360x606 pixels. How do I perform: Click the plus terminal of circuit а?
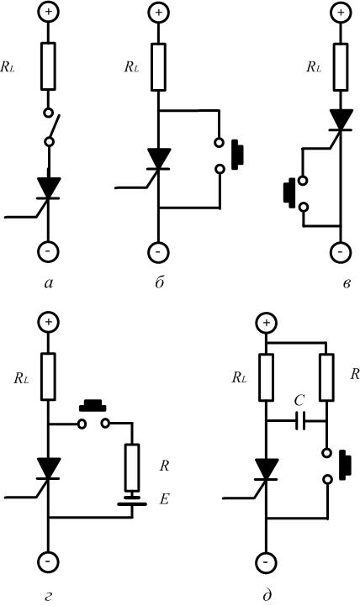(x=48, y=12)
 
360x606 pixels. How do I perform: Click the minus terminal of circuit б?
(x=158, y=252)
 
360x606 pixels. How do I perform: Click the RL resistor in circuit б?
(x=158, y=67)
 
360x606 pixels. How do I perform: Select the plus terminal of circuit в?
(x=341, y=12)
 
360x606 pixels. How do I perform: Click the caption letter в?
(x=347, y=284)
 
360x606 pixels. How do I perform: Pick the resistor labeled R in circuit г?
(x=132, y=467)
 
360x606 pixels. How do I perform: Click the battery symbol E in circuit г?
(x=132, y=500)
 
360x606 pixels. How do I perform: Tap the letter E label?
(x=164, y=500)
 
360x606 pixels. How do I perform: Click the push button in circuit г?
(x=93, y=415)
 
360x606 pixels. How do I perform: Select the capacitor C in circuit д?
(x=300, y=421)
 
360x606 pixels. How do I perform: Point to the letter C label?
(x=299, y=401)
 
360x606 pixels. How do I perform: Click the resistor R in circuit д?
(x=326, y=377)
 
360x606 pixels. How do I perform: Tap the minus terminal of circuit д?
(x=267, y=561)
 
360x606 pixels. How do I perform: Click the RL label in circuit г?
(x=21, y=378)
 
